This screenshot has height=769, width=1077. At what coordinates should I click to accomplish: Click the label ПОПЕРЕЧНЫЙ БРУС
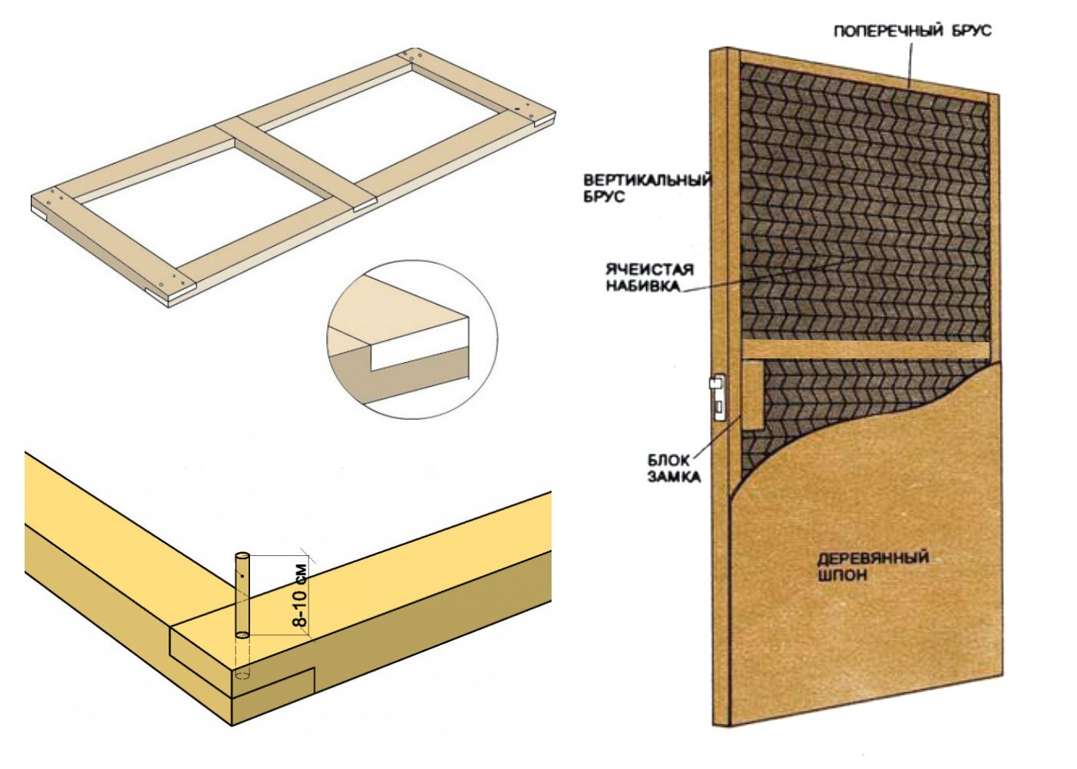point(912,31)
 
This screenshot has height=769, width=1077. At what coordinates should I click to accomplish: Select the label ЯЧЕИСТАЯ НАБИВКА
point(649,278)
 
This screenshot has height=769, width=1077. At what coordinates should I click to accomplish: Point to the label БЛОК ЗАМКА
point(673,468)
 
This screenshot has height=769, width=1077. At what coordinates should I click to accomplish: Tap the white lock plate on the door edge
point(717,397)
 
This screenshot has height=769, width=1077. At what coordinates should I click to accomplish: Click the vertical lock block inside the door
point(752,395)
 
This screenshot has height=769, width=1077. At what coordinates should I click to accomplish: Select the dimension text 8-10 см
point(300,595)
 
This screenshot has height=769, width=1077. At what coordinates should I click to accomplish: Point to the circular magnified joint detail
point(412,339)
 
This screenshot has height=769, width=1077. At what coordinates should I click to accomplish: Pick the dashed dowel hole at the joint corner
point(243,675)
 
